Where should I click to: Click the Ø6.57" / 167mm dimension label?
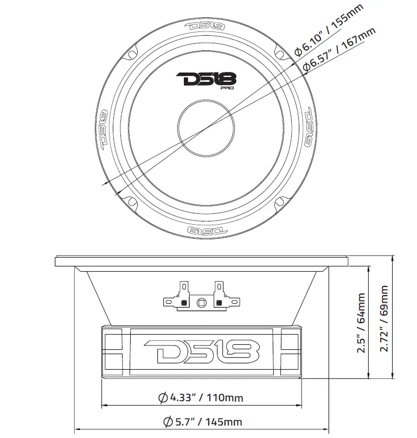click(x=338, y=49)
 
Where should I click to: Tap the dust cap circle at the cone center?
click(x=207, y=128)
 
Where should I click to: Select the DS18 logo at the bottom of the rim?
click(x=207, y=230)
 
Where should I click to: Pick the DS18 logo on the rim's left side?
click(x=103, y=129)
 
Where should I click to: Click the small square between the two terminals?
click(x=202, y=302)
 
